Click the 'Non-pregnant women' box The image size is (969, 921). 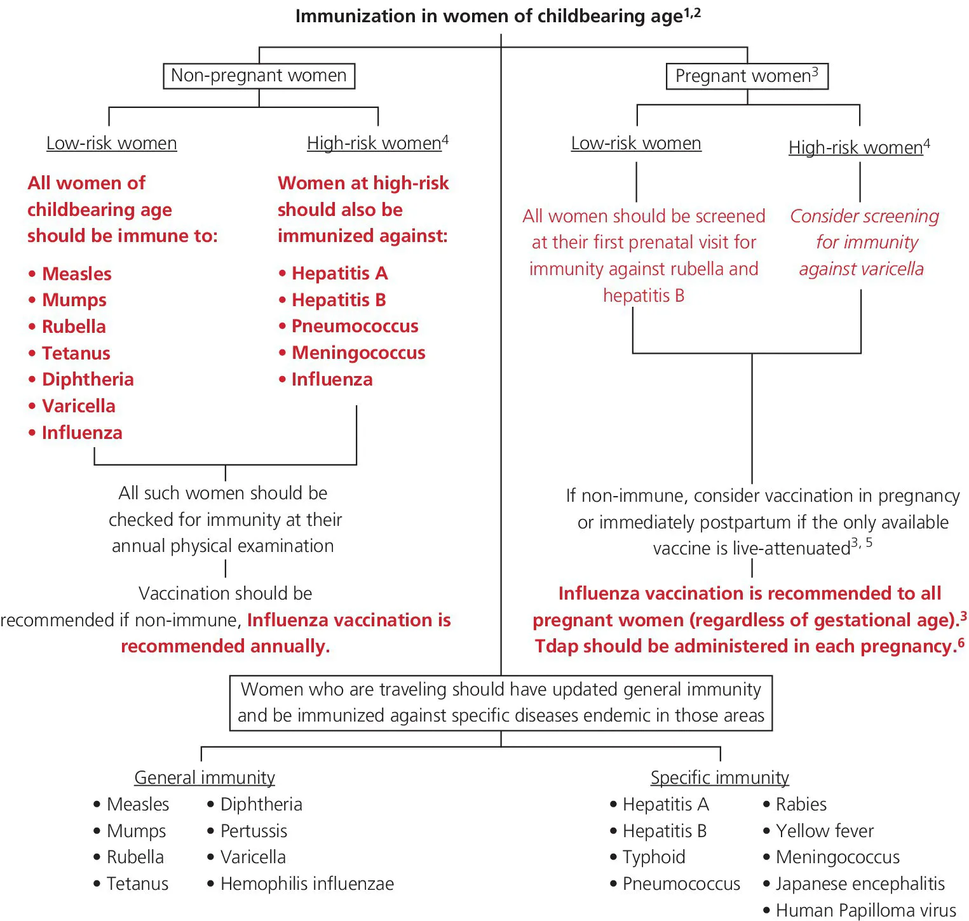coord(259,76)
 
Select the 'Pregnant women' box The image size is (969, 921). coord(747,76)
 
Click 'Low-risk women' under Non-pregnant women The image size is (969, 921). coord(111,143)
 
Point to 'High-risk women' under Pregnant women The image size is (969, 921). coord(855,147)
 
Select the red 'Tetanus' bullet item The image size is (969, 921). coord(76,353)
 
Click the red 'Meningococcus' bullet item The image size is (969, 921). coord(358,353)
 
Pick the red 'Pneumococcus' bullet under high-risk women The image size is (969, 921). coord(355,326)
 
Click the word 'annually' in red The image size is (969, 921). coord(288,646)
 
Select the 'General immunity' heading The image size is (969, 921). coord(205,777)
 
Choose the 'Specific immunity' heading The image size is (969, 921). coord(719,777)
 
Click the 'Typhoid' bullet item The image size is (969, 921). coord(654,857)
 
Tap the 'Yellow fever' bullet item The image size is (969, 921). coord(824,831)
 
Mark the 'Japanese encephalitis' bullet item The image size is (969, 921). coord(860,884)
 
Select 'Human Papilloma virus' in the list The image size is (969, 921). coord(865,910)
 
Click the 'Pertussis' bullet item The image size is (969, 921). coord(254,831)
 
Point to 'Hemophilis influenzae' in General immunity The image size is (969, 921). coord(307,884)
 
